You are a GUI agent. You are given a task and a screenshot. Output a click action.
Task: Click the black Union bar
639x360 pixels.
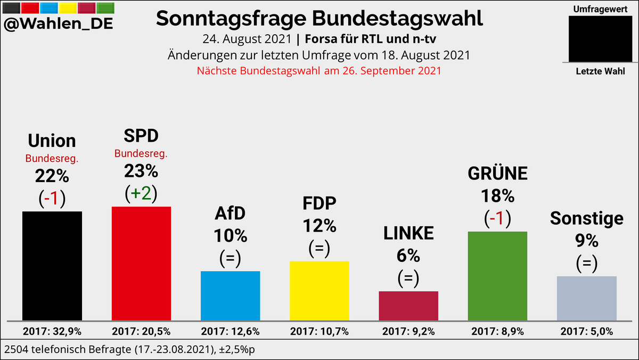52,266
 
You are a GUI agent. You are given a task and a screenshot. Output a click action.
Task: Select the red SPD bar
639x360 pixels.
141,264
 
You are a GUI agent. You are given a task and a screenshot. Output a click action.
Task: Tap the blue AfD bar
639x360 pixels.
230,296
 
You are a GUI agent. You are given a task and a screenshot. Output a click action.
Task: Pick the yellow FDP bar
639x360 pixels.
319,291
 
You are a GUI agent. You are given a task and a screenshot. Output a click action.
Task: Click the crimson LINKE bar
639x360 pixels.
408,306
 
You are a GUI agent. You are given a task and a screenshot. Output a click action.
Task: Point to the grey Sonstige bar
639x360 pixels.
586,298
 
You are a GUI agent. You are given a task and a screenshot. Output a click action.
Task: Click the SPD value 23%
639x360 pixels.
141,171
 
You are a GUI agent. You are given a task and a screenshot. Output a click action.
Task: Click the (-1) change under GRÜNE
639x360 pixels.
497,219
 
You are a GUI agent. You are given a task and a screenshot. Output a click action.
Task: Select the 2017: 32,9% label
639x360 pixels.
52,331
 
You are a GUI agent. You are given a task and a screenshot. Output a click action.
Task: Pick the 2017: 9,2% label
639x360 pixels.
408,331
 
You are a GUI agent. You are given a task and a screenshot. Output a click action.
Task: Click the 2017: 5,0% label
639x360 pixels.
586,331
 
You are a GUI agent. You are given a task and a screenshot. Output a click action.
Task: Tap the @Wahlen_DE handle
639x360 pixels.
58,24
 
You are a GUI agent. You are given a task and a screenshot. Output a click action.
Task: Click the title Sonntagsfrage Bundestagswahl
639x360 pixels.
319,19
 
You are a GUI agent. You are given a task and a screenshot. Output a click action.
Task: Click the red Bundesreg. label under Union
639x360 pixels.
52,159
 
